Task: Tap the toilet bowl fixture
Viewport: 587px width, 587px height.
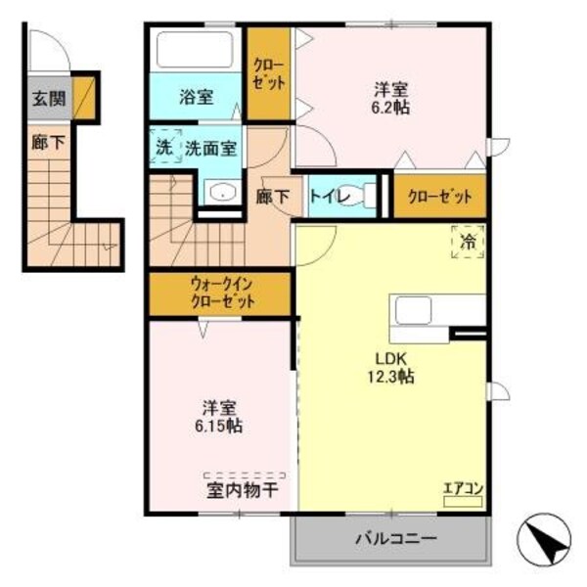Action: click(x=367, y=194)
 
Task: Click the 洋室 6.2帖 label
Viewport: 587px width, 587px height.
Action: click(x=390, y=94)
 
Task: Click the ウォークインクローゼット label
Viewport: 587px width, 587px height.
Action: click(x=221, y=293)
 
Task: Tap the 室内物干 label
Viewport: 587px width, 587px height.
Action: click(x=238, y=489)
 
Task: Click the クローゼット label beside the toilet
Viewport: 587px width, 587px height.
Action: click(x=440, y=197)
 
